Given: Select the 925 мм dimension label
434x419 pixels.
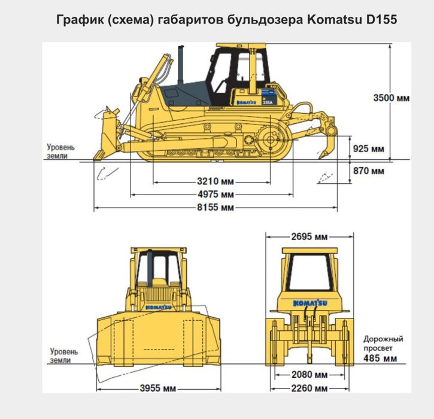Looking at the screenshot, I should click(x=369, y=148).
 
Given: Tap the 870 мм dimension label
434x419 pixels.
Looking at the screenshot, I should click(x=369, y=171).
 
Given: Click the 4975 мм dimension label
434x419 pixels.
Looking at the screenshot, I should click(x=215, y=195).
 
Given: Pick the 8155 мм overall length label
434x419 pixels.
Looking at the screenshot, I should click(x=215, y=207).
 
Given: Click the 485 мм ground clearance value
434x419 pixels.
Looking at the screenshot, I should click(x=380, y=359).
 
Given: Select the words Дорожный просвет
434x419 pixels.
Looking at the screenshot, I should click(x=383, y=343).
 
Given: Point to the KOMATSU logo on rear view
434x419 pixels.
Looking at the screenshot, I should click(x=309, y=304).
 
